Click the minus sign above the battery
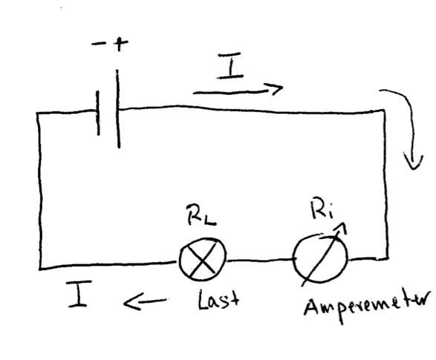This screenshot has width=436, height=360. pos(99,44)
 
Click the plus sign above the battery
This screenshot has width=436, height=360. pos(120,43)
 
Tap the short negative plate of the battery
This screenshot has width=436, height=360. pos(98,113)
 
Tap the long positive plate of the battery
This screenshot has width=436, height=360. pos(118,108)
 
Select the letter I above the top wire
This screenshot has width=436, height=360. pos(230,65)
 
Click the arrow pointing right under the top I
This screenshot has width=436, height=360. pos(238,91)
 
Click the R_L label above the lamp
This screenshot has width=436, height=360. pos(201,215)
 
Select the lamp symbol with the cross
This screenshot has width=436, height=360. pos(203,258)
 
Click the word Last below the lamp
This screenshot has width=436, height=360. pos(218,299)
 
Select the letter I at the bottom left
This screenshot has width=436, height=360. pos(79,294)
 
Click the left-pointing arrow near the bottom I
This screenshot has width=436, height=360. pos(145,301)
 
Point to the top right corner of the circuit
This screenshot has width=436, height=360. pos(385,111)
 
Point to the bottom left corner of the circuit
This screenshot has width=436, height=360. pos(41,269)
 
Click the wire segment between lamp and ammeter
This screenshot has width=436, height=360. pos(260,260)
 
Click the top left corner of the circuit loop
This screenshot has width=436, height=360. pos(38,113)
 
